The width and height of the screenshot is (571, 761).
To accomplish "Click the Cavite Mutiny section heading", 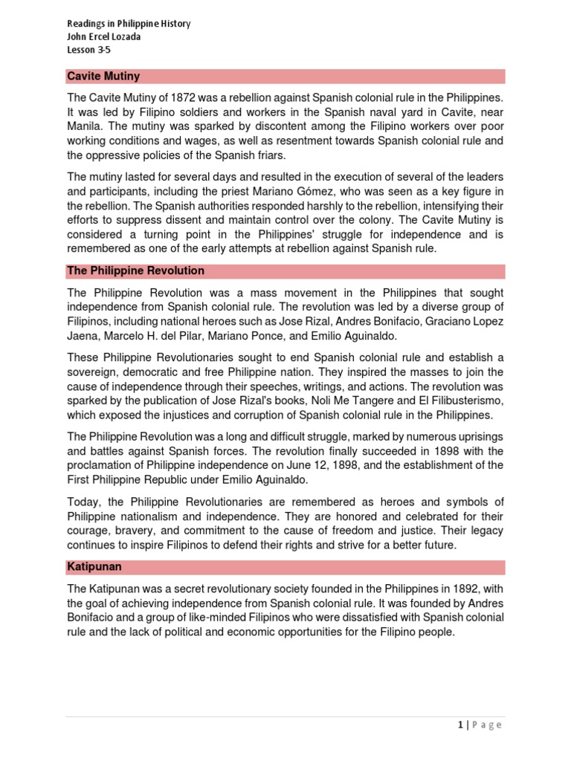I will click(103, 77).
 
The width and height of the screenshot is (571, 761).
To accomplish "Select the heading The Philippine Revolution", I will click(135, 271).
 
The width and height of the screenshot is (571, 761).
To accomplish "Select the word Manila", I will click(85, 126).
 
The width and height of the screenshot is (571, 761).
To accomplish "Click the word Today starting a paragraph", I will click(83, 502).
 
